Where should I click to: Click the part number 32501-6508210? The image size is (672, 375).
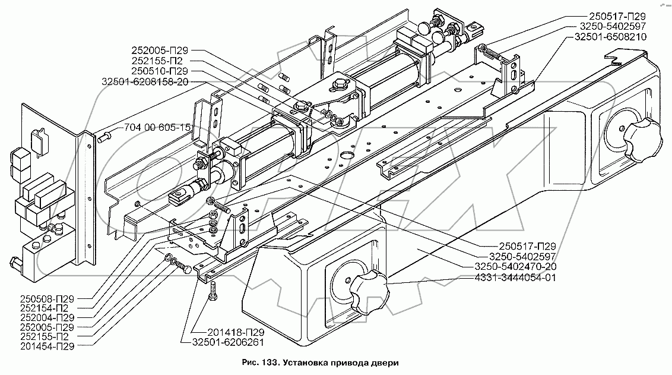[x=610, y=37]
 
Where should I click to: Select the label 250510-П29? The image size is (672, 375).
[x=160, y=71]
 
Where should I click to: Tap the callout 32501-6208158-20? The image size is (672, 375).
[x=145, y=81]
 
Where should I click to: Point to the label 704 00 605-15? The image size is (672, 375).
[x=158, y=127]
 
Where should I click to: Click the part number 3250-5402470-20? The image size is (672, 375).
[x=515, y=267]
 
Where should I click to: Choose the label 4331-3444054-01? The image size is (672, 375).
[x=515, y=278]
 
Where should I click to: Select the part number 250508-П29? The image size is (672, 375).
[x=47, y=298]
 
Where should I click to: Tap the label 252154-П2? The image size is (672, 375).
[x=44, y=308]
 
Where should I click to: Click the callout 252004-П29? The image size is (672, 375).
[x=47, y=317]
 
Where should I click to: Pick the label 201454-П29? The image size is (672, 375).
[x=47, y=346]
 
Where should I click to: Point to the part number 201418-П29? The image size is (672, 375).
[x=236, y=333]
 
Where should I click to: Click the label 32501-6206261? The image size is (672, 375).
[x=228, y=342]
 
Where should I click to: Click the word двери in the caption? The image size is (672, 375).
[x=387, y=363]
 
